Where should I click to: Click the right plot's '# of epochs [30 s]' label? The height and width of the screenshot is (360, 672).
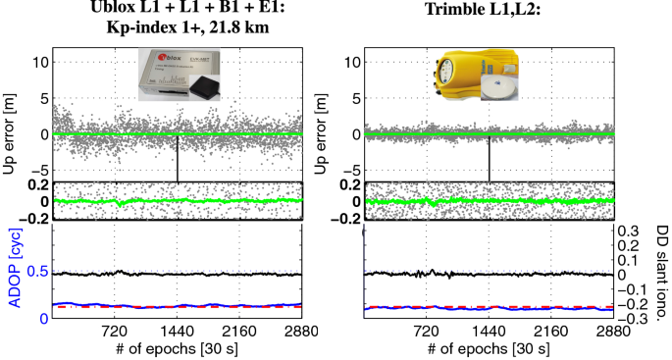pyautogui.click(x=490, y=348)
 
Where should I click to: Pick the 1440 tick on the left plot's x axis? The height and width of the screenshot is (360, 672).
pyautogui.click(x=178, y=331)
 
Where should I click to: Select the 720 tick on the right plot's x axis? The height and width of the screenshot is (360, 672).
pyautogui.click(x=427, y=331)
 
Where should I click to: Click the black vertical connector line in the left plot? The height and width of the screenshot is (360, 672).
pyautogui.click(x=178, y=157)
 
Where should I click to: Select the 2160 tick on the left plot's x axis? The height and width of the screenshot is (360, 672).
pyautogui.click(x=240, y=331)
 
